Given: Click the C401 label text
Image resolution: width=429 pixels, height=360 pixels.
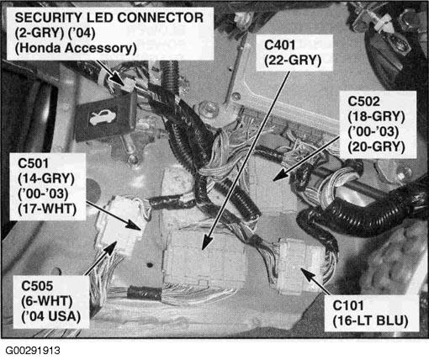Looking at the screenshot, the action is (x=279, y=45).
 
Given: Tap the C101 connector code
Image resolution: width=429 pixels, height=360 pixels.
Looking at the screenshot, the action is (x=348, y=305).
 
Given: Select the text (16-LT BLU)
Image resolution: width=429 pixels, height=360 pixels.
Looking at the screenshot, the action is (x=370, y=320).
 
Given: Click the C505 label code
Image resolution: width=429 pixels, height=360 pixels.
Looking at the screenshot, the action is (x=37, y=286).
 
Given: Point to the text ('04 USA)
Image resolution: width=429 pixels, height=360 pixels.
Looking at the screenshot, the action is (x=51, y=316).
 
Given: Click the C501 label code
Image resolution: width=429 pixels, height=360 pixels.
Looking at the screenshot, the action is (x=33, y=163).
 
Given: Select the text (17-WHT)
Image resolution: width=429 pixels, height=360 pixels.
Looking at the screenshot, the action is (x=47, y=209).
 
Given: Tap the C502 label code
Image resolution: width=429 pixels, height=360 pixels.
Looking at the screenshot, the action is (x=363, y=102).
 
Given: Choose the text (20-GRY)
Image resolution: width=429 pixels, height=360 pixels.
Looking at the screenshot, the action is (x=376, y=146).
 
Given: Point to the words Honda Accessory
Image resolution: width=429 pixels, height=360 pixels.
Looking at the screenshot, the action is (x=76, y=48).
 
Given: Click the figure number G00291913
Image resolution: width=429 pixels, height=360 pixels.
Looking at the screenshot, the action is (x=33, y=351).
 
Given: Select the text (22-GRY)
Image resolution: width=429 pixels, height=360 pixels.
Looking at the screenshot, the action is (x=293, y=61).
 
